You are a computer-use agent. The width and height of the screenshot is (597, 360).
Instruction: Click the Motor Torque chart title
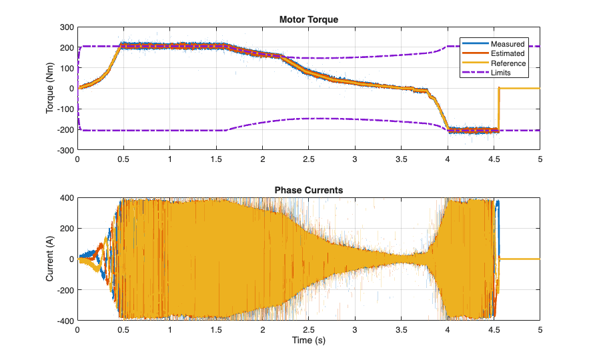point(308,19)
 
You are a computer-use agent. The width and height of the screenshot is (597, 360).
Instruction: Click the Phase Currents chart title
point(308,190)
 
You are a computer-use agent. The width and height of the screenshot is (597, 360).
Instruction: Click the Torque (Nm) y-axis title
point(50,89)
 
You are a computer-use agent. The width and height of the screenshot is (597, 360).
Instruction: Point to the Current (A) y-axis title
point(50,259)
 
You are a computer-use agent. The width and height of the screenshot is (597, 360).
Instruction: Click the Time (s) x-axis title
point(308,341)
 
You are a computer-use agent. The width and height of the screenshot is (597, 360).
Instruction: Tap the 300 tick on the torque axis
point(66,27)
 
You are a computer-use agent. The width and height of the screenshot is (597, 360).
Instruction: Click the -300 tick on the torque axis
point(65,151)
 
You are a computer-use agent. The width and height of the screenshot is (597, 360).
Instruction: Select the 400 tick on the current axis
point(66,198)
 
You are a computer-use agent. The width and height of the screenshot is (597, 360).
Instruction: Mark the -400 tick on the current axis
point(65,321)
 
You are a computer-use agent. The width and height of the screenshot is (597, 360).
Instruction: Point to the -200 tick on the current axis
point(65,290)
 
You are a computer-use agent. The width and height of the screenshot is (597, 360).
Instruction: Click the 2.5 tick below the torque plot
point(308,160)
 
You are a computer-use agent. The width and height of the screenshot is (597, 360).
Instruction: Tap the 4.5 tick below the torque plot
point(494,160)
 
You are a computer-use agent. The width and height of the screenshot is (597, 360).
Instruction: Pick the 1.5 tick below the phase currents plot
point(216,330)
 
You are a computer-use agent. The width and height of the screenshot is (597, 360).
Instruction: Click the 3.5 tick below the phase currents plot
point(401,330)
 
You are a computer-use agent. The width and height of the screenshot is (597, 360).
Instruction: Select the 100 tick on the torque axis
point(66,68)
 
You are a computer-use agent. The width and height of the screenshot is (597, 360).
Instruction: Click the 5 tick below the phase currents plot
point(540,330)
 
